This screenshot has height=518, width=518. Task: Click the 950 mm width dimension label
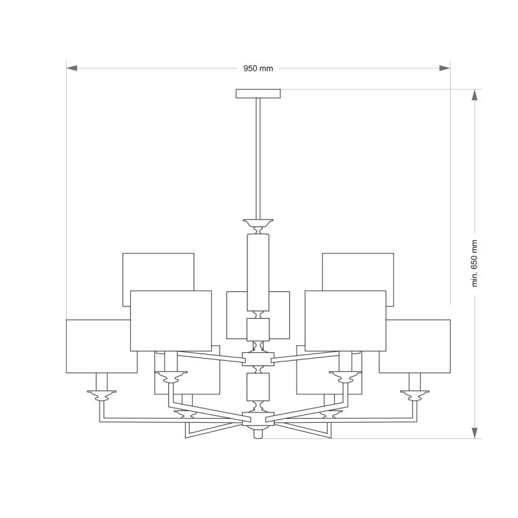point(258,69)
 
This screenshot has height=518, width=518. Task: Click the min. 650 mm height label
point(475,264)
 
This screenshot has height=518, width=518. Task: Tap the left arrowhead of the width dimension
point(72,68)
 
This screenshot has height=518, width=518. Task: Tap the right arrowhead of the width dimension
point(445,68)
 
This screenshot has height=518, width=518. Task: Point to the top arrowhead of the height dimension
point(475,95)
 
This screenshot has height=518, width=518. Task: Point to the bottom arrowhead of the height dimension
point(475,433)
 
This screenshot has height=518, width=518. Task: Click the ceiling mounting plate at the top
point(258,93)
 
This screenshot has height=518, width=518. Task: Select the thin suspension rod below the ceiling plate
point(258,159)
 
